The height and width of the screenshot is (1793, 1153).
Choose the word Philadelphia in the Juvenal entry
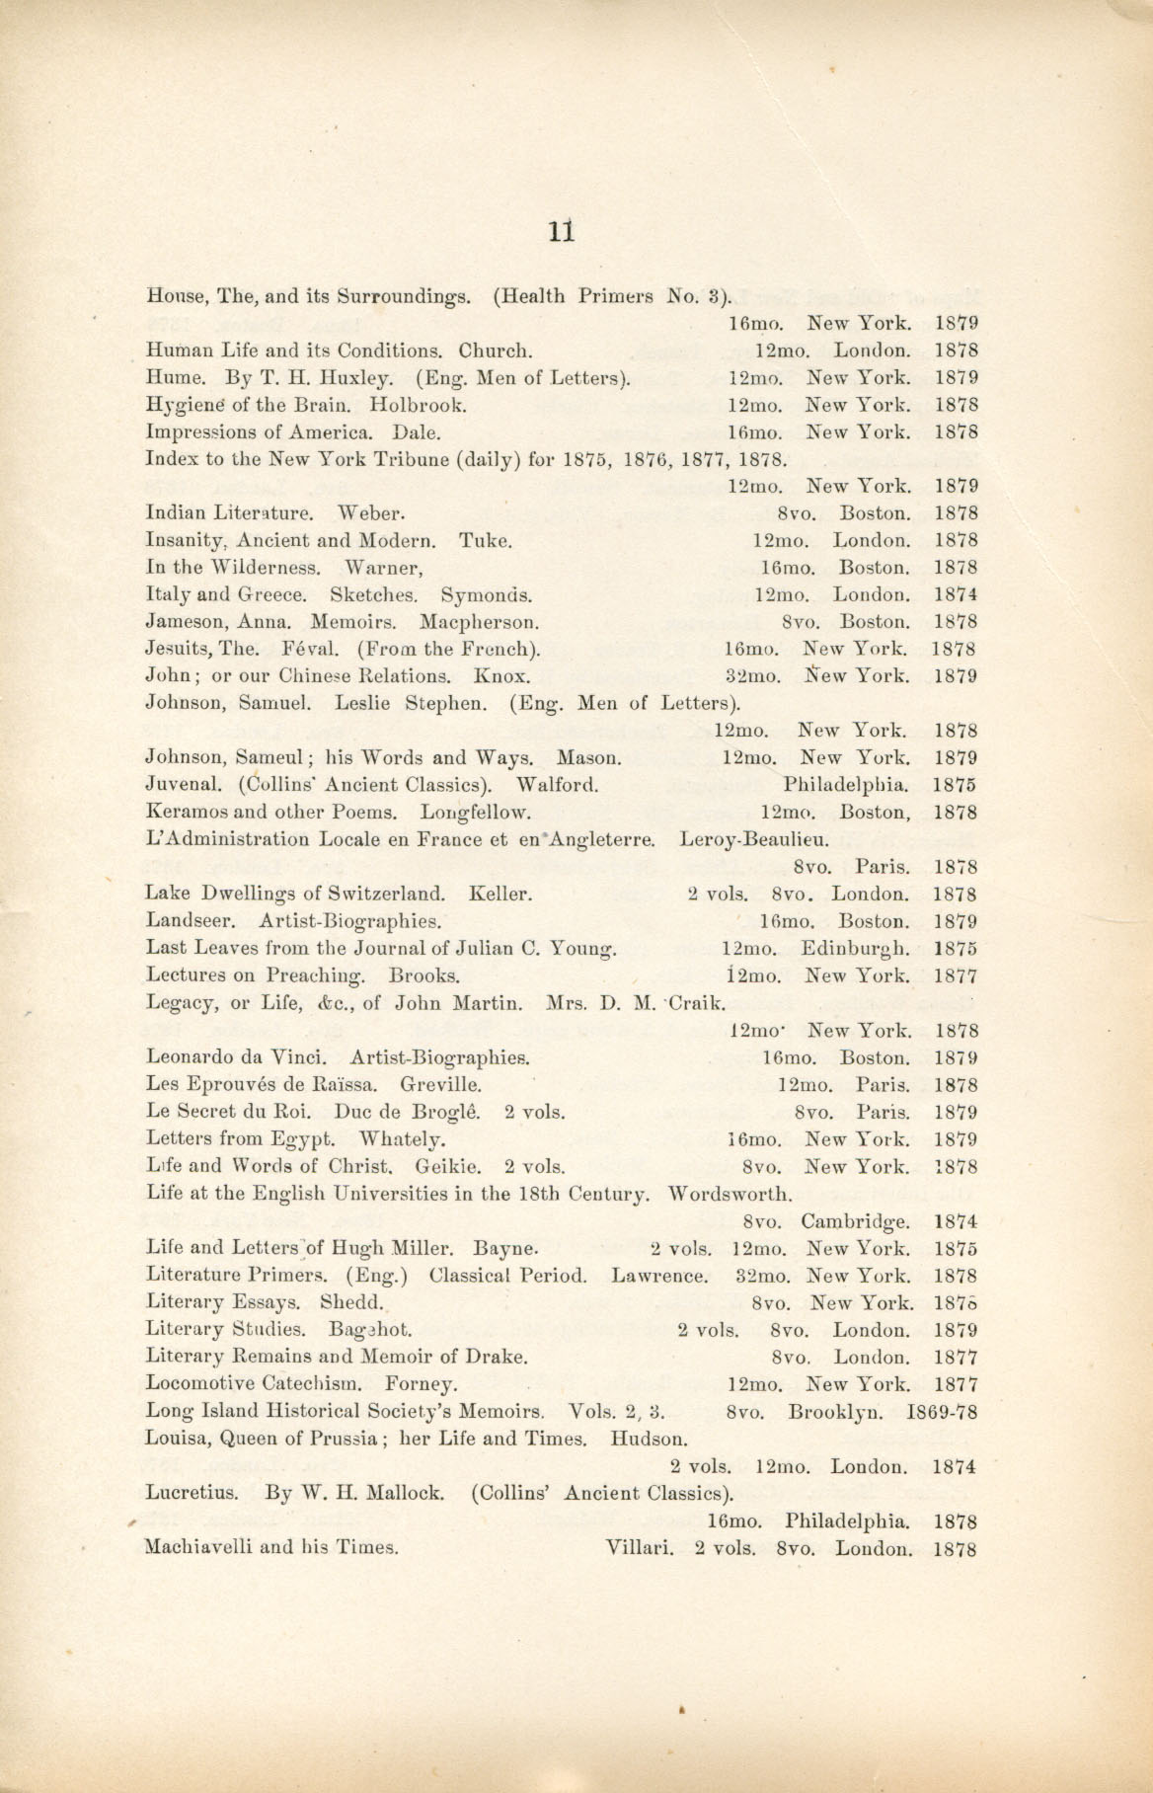tap(846, 786)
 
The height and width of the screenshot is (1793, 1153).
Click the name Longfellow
tap(476, 814)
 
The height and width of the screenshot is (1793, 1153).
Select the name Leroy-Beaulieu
tap(754, 840)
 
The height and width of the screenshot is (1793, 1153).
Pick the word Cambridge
tap(855, 1221)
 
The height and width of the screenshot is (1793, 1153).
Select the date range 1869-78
tap(941, 1412)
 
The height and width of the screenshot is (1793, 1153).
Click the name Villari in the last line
tap(639, 1548)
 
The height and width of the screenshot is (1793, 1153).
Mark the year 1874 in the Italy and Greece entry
tap(955, 595)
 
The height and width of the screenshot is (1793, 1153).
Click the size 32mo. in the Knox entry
tap(752, 677)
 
